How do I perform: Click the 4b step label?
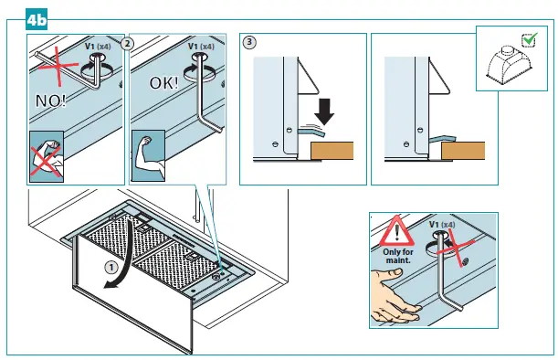(x=37, y=19)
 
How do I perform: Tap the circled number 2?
(x=127, y=44)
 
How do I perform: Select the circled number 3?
(x=249, y=42)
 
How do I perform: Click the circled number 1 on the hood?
(x=111, y=267)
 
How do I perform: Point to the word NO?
(x=51, y=101)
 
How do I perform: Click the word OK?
(x=163, y=83)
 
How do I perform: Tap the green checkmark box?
(x=530, y=39)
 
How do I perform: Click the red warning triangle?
(x=396, y=231)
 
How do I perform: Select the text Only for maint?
(x=398, y=256)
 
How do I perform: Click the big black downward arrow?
(x=324, y=111)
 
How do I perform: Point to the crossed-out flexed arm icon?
(x=47, y=156)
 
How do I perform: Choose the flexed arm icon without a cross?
(x=148, y=155)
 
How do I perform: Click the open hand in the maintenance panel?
(x=394, y=295)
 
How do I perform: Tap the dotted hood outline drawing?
(x=511, y=64)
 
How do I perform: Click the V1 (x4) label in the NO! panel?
(x=98, y=47)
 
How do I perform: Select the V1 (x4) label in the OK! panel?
(x=201, y=47)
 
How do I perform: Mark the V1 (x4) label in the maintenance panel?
(x=442, y=225)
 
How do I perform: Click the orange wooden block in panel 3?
(x=332, y=151)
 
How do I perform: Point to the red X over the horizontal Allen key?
(x=58, y=66)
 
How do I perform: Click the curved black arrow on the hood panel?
(x=123, y=251)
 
